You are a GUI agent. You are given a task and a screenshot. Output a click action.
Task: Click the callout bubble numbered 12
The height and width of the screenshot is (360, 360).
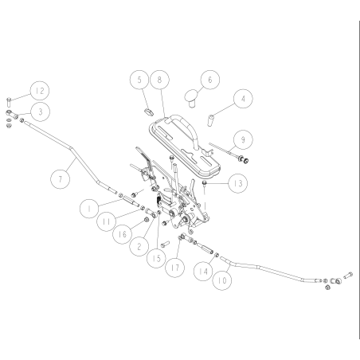(40, 91)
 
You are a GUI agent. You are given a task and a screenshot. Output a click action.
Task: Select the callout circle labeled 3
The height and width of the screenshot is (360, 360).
(40, 112)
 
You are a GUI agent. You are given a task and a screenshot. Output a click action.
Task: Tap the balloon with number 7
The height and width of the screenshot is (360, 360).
(61, 179)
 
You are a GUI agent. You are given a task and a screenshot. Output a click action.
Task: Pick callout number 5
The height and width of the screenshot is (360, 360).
(139, 80)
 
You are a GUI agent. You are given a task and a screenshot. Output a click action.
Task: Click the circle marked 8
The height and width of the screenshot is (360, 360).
(159, 80)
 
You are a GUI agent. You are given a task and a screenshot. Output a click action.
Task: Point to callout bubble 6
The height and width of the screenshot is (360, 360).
(210, 80)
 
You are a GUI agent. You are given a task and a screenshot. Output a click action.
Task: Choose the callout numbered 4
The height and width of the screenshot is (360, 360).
(243, 99)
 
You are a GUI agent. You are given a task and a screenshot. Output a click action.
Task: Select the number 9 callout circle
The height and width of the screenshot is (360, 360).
(243, 139)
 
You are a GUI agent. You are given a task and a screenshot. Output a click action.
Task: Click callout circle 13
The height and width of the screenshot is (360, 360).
(238, 183)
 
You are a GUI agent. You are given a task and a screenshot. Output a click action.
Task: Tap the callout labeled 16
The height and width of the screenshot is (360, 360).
(122, 234)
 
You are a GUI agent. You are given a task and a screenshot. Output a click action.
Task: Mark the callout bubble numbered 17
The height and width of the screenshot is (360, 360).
(174, 268)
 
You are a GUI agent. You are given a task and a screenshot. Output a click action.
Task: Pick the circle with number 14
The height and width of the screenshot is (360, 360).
(203, 272)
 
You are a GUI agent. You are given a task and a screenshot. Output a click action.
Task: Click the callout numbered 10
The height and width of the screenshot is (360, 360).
(222, 280)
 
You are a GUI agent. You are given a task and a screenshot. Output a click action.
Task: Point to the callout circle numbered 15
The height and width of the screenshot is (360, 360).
(157, 258)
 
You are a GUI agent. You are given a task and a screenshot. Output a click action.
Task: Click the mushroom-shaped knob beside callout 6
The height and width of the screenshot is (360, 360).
(191, 98)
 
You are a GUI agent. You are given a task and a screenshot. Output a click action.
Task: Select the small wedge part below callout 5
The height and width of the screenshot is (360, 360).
(149, 112)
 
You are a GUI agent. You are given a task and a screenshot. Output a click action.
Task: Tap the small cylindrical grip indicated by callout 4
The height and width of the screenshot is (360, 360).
(210, 120)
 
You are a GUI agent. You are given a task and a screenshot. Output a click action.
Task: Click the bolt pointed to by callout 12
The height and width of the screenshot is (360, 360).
(8, 102)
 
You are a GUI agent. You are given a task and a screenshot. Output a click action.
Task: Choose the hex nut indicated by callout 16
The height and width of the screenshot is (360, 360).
(146, 220)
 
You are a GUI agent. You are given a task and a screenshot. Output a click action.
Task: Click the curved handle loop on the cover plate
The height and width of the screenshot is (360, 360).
(186, 125)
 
